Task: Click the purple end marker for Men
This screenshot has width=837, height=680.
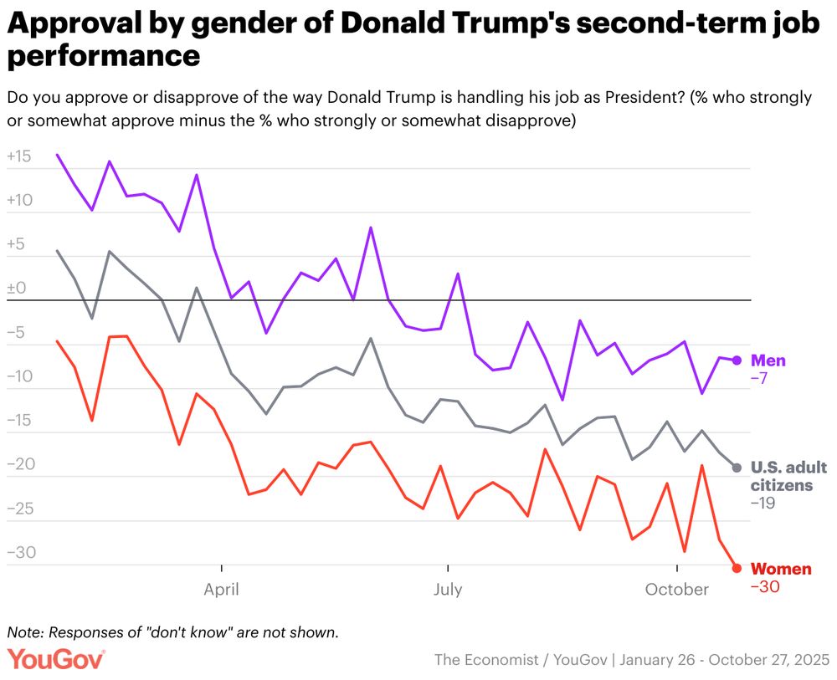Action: (737, 360)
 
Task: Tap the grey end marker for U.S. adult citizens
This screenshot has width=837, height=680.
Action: (737, 467)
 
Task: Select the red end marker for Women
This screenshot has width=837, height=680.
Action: (737, 569)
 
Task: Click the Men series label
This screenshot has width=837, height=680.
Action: (768, 360)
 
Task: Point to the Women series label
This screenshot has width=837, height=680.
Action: (781, 569)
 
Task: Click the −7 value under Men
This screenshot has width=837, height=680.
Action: (759, 379)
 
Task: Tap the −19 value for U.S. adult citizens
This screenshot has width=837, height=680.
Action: (763, 504)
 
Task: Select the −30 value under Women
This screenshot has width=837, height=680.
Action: (765, 587)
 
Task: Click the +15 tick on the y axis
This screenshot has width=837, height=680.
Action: (18, 156)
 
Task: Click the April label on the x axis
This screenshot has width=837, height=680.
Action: (221, 590)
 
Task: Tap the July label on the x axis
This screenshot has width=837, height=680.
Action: (448, 590)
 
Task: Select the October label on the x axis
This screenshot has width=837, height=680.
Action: (676, 590)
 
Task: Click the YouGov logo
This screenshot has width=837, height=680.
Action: (56, 658)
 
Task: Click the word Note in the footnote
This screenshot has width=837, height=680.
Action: (23, 631)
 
